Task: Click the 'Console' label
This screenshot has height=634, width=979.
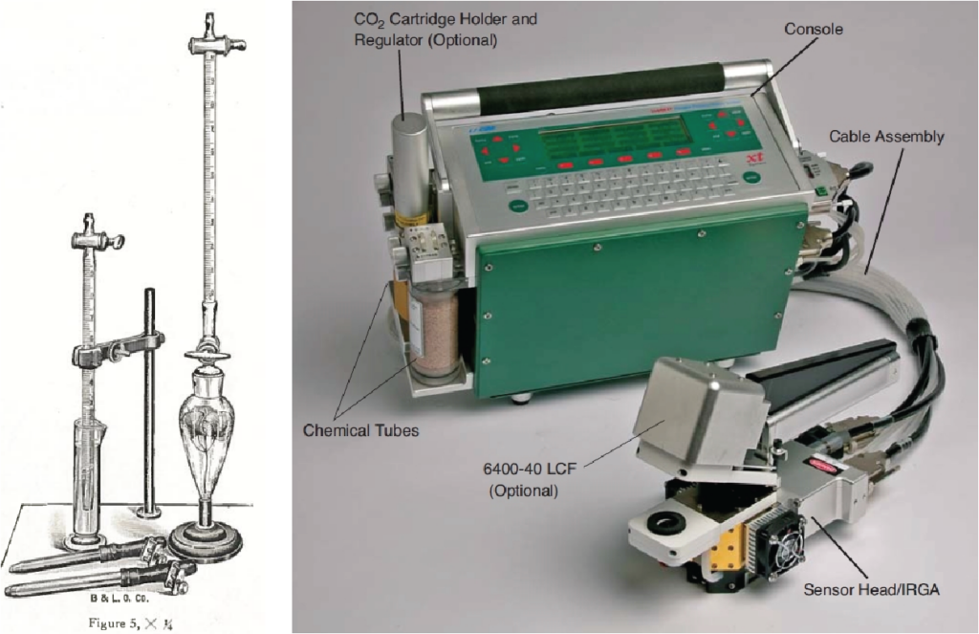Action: pyautogui.click(x=814, y=30)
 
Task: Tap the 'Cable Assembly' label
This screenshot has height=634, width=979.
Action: pyautogui.click(x=886, y=137)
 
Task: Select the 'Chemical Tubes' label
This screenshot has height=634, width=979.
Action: pyautogui.click(x=360, y=430)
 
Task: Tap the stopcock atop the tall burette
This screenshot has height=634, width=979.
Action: pyautogui.click(x=216, y=43)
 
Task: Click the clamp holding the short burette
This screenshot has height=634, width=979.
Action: pyautogui.click(x=115, y=350)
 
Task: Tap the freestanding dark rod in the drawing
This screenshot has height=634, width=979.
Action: pyautogui.click(x=149, y=402)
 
